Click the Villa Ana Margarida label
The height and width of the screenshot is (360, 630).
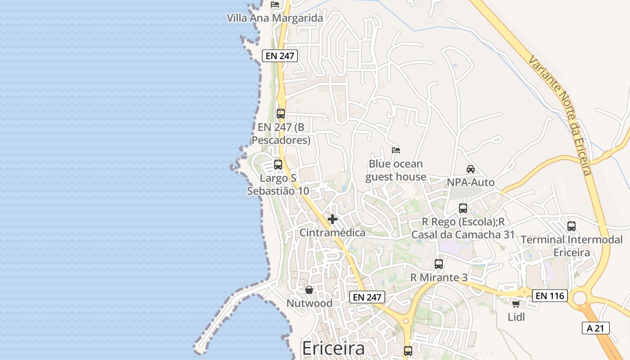274,18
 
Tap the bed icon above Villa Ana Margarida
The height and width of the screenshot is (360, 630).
275,4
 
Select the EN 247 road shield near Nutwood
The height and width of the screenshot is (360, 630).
367,297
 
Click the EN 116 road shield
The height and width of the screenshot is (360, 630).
550,296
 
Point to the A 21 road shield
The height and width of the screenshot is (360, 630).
595,328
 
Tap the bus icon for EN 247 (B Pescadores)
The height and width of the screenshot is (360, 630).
281,113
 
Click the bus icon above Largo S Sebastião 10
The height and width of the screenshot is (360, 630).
278,165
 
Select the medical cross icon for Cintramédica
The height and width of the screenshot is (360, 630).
333,219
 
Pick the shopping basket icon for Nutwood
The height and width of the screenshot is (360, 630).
309,290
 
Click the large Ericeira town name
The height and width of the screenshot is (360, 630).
333,349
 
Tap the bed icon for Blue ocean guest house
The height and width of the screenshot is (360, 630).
396,150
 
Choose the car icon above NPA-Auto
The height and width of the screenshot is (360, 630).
471,169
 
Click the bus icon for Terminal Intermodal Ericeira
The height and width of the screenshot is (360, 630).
571,226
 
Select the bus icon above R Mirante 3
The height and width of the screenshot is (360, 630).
439,264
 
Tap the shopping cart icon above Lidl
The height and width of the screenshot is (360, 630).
516,304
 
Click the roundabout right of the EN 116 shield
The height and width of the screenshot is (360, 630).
580,298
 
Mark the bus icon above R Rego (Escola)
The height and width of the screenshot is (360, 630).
463,208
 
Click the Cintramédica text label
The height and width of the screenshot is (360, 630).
333,233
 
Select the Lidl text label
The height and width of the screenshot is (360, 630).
516,317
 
